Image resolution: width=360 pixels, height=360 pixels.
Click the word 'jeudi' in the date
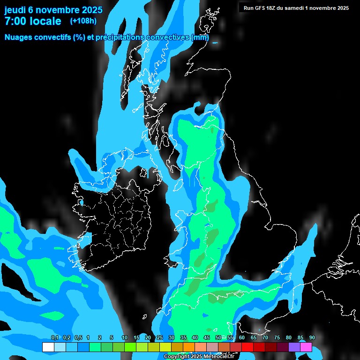click(15, 10)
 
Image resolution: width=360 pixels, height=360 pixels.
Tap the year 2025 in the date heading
click(89, 10)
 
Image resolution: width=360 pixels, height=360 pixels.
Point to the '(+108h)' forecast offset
click(83, 21)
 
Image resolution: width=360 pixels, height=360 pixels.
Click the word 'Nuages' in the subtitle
click(19, 37)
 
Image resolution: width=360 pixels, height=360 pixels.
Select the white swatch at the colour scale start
click(48, 347)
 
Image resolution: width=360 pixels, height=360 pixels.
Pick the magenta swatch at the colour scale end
click(306, 347)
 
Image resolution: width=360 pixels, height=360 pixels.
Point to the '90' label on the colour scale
click(312, 338)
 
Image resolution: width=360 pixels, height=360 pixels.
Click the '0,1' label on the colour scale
click(54, 338)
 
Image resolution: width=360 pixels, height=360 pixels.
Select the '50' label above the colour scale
click(218, 338)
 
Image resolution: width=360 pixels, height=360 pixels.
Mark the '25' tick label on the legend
click(160, 338)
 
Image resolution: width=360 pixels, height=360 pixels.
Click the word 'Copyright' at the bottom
click(176, 357)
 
